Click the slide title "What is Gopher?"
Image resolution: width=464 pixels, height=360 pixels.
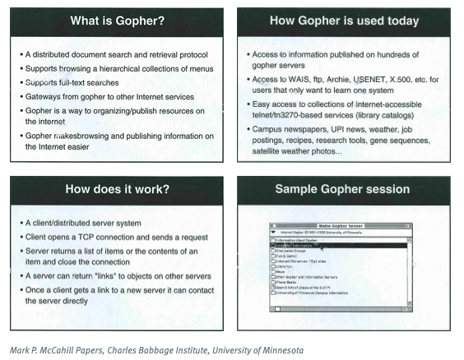(117, 19)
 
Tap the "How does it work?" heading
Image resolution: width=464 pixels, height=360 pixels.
(117, 190)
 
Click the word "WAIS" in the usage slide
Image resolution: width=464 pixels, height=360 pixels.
(299, 79)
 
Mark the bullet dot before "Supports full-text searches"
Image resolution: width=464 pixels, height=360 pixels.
(21, 82)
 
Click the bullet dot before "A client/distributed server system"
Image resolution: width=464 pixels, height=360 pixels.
(21, 224)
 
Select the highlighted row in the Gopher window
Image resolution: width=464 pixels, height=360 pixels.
(342, 245)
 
